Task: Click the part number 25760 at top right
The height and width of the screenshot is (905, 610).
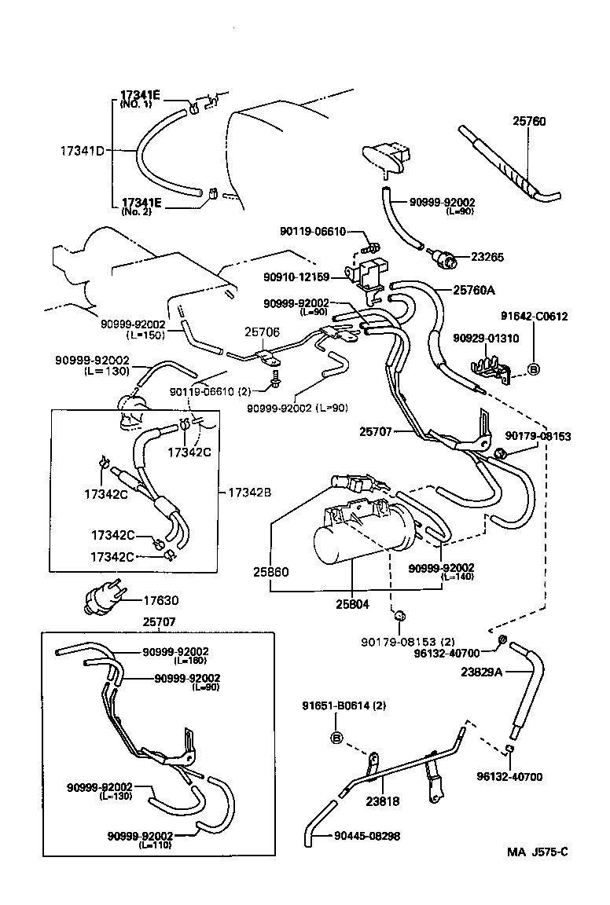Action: (x=529, y=122)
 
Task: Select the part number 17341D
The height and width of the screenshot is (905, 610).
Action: (x=83, y=149)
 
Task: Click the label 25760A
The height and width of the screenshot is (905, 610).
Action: (x=474, y=289)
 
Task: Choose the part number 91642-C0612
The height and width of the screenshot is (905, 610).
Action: (x=534, y=317)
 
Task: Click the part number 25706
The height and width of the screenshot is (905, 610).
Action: (x=261, y=332)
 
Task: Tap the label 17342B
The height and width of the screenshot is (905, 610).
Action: (x=250, y=493)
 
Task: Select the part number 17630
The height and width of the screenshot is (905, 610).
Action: (x=160, y=601)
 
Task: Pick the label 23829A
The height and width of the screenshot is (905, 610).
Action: (x=482, y=672)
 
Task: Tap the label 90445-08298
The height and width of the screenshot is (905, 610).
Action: (x=367, y=836)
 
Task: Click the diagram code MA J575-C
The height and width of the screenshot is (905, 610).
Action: (x=537, y=852)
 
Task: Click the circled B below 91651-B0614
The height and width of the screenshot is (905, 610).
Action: (x=336, y=738)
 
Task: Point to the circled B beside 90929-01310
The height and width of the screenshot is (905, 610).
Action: (x=532, y=369)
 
